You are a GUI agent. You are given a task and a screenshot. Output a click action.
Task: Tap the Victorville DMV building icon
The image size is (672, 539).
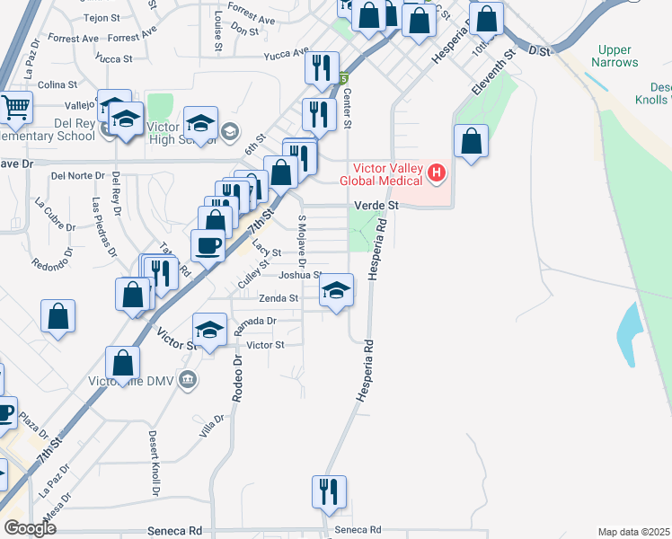(x=187, y=378)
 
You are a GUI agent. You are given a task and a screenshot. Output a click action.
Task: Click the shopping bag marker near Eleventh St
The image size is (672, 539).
(x=471, y=141)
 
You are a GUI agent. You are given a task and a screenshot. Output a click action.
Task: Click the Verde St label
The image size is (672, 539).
(x=376, y=206)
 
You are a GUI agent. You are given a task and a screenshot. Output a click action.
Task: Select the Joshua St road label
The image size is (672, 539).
(x=299, y=275)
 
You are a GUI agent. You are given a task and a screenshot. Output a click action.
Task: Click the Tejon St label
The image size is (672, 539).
(x=102, y=18)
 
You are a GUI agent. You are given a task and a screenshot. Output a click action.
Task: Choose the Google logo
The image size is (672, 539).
(x=31, y=528)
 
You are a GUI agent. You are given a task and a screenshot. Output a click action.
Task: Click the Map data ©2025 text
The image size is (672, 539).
(x=633, y=532)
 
